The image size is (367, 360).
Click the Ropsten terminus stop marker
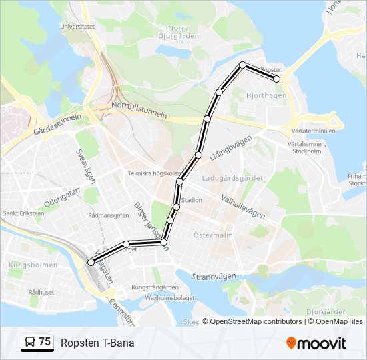tap(276, 79)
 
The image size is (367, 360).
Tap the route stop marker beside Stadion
tap(176, 207)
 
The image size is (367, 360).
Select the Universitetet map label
tap(77, 27)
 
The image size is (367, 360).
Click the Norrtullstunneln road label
tap(139, 109)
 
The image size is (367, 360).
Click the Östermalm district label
tap(212, 235)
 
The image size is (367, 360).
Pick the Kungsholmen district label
tap(24, 265)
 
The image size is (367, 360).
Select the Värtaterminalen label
tap(312, 131)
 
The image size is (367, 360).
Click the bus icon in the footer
tap(30, 343)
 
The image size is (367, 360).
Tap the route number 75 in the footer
tap(45, 342)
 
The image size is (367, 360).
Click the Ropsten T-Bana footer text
tap(97, 343)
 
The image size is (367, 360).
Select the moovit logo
tap(316, 343)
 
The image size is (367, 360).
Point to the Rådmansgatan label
tap(108, 215)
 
